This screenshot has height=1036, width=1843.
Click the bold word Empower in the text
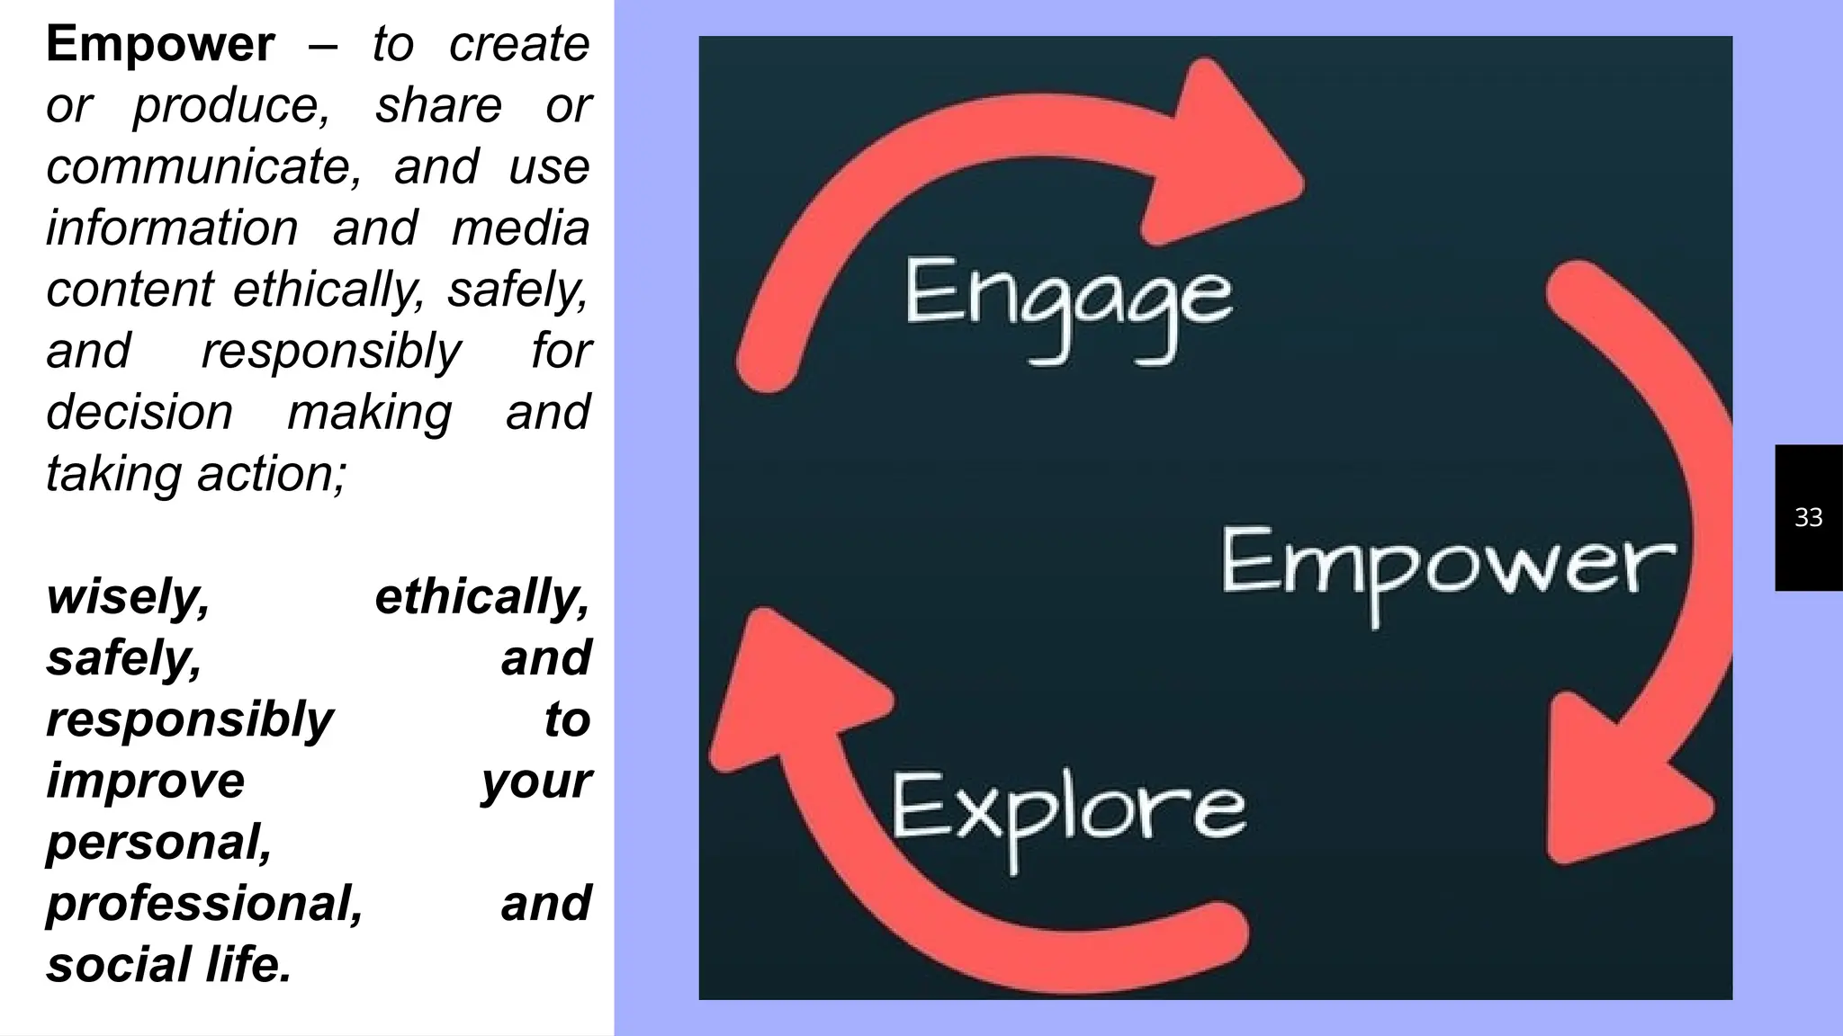[160, 44]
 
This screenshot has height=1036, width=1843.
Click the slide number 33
[1808, 518]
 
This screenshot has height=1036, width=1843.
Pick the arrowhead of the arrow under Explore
[792, 692]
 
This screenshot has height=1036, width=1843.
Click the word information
[172, 228]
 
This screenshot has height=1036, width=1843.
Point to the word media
[520, 228]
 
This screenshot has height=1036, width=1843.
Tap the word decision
[139, 413]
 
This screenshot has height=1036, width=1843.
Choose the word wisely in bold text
[128, 597]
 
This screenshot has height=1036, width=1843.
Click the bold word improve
[145, 781]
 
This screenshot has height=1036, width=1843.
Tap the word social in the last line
[118, 965]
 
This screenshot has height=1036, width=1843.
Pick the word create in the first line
[519, 44]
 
